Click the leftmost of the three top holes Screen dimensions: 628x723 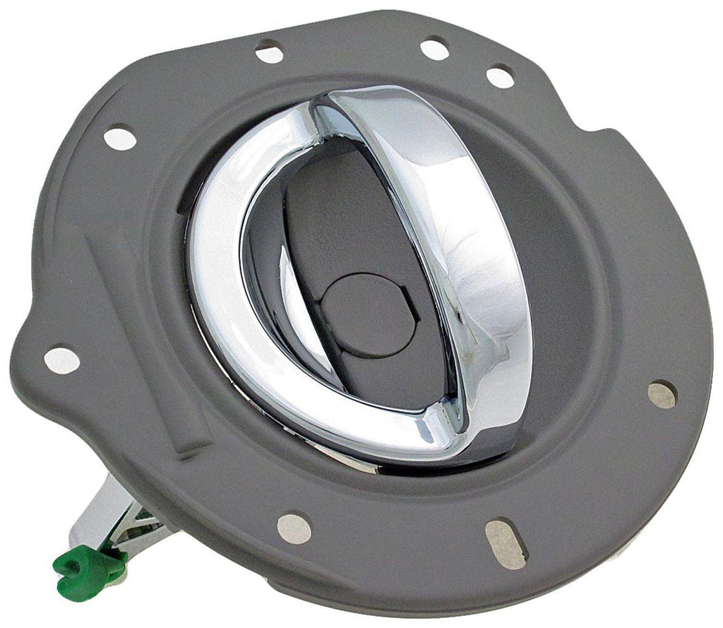(269, 52)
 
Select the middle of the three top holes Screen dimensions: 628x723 (434, 48)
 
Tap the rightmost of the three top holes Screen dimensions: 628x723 (500, 76)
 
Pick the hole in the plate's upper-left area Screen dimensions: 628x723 (120, 137)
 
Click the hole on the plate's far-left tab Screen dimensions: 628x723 (62, 360)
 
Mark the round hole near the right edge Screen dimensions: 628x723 (662, 394)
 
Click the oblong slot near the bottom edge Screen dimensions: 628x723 (506, 544)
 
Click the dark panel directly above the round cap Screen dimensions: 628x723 (339, 212)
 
